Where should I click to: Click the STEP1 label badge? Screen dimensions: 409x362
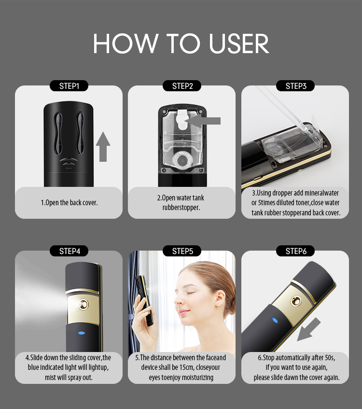pyautogui.click(x=69, y=86)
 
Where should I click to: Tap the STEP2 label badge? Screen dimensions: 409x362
pyautogui.click(x=182, y=86)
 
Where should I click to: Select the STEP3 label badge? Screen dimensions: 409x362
pyautogui.click(x=295, y=86)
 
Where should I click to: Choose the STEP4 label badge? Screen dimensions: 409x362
pyautogui.click(x=69, y=251)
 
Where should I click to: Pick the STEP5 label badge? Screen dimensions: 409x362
pyautogui.click(x=182, y=251)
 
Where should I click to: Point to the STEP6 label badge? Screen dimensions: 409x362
pyautogui.click(x=295, y=251)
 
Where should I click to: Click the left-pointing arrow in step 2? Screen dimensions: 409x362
pyautogui.click(x=206, y=121)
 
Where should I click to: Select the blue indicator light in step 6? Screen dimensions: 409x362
pyautogui.click(x=275, y=320)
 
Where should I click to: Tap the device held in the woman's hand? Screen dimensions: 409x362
pyautogui.click(x=145, y=299)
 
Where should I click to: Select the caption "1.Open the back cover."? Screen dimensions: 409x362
pyautogui.click(x=69, y=203)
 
